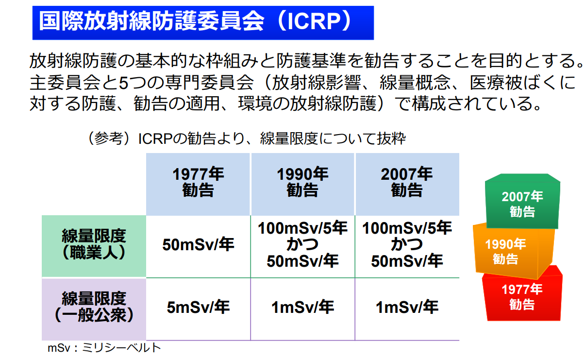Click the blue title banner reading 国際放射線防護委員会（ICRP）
coord(203,23)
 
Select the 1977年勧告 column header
coord(198,184)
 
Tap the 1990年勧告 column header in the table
coord(302,184)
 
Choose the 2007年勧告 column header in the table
coord(407,184)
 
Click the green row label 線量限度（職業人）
coord(94,246)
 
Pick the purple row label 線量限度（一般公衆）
coord(94,309)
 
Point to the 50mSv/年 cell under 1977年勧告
coord(198,245)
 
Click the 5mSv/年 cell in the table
coord(198,307)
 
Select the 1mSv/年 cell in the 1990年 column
coord(302,307)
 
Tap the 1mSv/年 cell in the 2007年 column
coord(407,307)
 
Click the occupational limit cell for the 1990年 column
coord(302,244)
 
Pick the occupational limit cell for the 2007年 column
coord(407,244)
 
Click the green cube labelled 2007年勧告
coord(522,203)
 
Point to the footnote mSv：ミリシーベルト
coord(104,348)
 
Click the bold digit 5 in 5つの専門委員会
coord(123,83)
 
